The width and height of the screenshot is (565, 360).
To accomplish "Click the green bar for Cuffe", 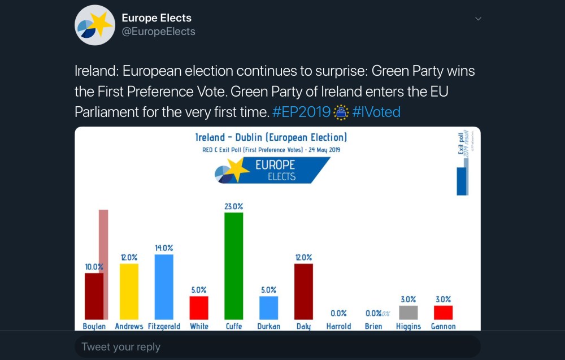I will (233, 266).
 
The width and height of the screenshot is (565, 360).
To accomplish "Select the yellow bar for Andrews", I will (129, 292).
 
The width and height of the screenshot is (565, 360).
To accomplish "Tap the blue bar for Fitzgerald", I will (164, 287).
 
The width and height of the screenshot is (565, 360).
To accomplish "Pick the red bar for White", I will (199, 308).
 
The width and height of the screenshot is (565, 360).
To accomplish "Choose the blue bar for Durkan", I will (268, 308).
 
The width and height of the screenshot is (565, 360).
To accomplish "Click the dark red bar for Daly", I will (303, 292).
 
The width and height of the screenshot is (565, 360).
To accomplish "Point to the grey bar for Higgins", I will (408, 313).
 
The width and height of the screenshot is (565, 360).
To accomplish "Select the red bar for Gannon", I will (443, 313).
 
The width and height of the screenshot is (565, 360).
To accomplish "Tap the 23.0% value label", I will (233, 207).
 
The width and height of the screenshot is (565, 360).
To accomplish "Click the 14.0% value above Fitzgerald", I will (164, 248).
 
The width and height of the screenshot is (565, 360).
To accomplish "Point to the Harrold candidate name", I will (338, 326).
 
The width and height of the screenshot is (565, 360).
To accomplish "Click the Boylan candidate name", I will (94, 326).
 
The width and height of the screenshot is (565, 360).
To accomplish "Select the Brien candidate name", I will (373, 326).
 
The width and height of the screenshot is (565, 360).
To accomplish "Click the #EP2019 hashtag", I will (301, 112).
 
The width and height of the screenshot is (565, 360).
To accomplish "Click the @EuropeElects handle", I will (159, 32).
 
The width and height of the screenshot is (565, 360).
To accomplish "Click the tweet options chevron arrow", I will (478, 19).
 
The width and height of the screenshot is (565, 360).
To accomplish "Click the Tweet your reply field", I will (277, 346).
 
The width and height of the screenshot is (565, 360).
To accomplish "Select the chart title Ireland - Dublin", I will (271, 137).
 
